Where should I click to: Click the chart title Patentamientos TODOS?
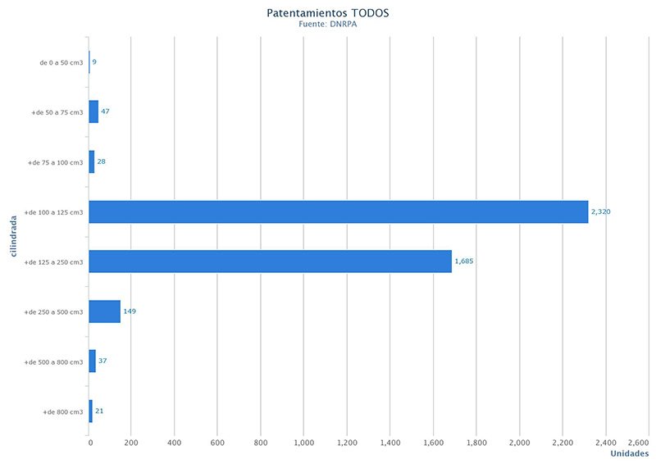[327, 13]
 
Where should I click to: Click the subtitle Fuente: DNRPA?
[327, 25]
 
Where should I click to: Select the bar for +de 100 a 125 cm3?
[338, 211]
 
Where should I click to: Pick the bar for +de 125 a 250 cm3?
[270, 261]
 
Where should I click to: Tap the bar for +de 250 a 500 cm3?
[105, 311]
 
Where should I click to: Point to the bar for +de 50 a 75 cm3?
[93, 111]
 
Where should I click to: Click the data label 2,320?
[600, 211]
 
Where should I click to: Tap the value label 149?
[129, 311]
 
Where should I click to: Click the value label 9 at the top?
[94, 61]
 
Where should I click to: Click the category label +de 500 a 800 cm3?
[54, 361]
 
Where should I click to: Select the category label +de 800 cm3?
[63, 411]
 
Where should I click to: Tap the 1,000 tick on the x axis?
[303, 443]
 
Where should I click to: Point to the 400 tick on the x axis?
[174, 443]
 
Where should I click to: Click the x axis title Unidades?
[630, 454]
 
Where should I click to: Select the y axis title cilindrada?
[14, 236]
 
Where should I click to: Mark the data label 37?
[102, 361]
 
